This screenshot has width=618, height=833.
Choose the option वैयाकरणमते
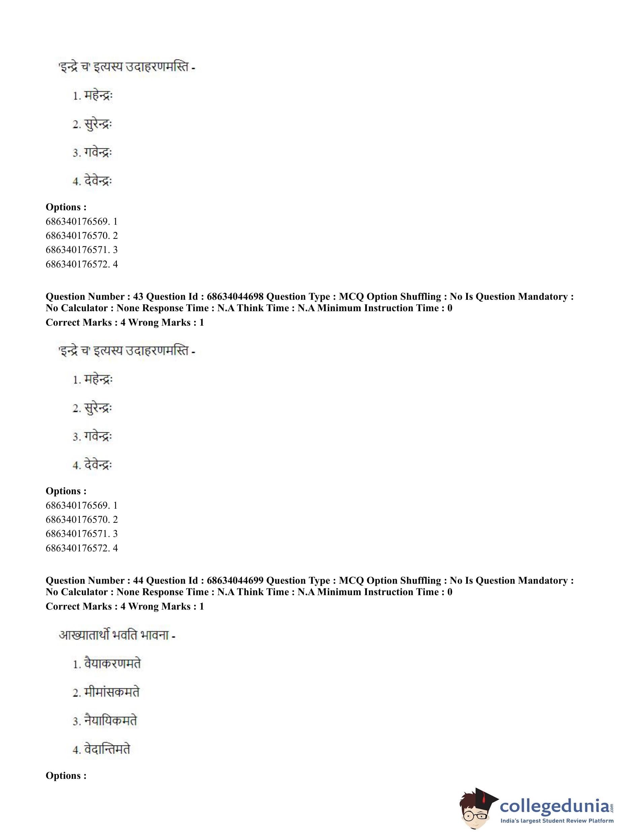pyautogui.click(x=112, y=664)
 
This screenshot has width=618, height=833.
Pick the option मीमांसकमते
pyautogui.click(x=111, y=692)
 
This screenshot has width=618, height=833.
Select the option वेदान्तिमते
pyautogui.click(x=107, y=749)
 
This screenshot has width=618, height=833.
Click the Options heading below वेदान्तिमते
pyautogui.click(x=66, y=775)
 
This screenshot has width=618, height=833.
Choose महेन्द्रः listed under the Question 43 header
pyautogui.click(x=98, y=379)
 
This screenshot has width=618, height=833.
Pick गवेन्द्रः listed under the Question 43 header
pyautogui.click(x=98, y=436)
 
